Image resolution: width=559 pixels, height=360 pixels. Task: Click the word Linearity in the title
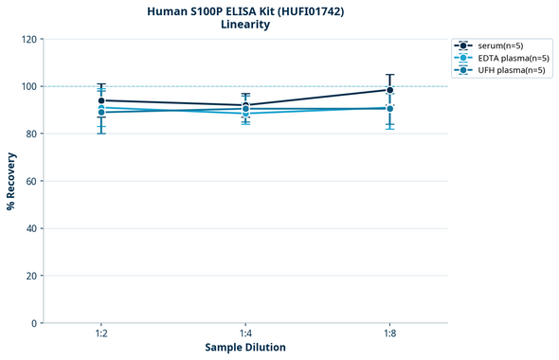245,25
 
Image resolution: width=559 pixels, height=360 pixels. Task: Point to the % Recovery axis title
11,180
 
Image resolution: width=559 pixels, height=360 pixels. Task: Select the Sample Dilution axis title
245,348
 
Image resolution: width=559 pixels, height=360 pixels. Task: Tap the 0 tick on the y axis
33,323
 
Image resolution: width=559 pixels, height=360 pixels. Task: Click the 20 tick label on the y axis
30,276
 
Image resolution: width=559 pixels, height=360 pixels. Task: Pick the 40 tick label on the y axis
30,228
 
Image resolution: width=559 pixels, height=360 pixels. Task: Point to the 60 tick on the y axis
30,181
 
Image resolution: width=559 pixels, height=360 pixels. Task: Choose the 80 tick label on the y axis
30,134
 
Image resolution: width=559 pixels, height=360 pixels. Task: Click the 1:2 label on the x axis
101,334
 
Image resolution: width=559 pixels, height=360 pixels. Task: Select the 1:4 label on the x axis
245,334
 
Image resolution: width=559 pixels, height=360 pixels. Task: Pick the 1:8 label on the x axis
389,334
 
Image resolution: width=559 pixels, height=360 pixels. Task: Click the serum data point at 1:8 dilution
389,90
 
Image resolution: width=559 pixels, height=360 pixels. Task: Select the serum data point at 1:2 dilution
101,100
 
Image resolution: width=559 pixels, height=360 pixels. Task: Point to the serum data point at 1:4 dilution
245,105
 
